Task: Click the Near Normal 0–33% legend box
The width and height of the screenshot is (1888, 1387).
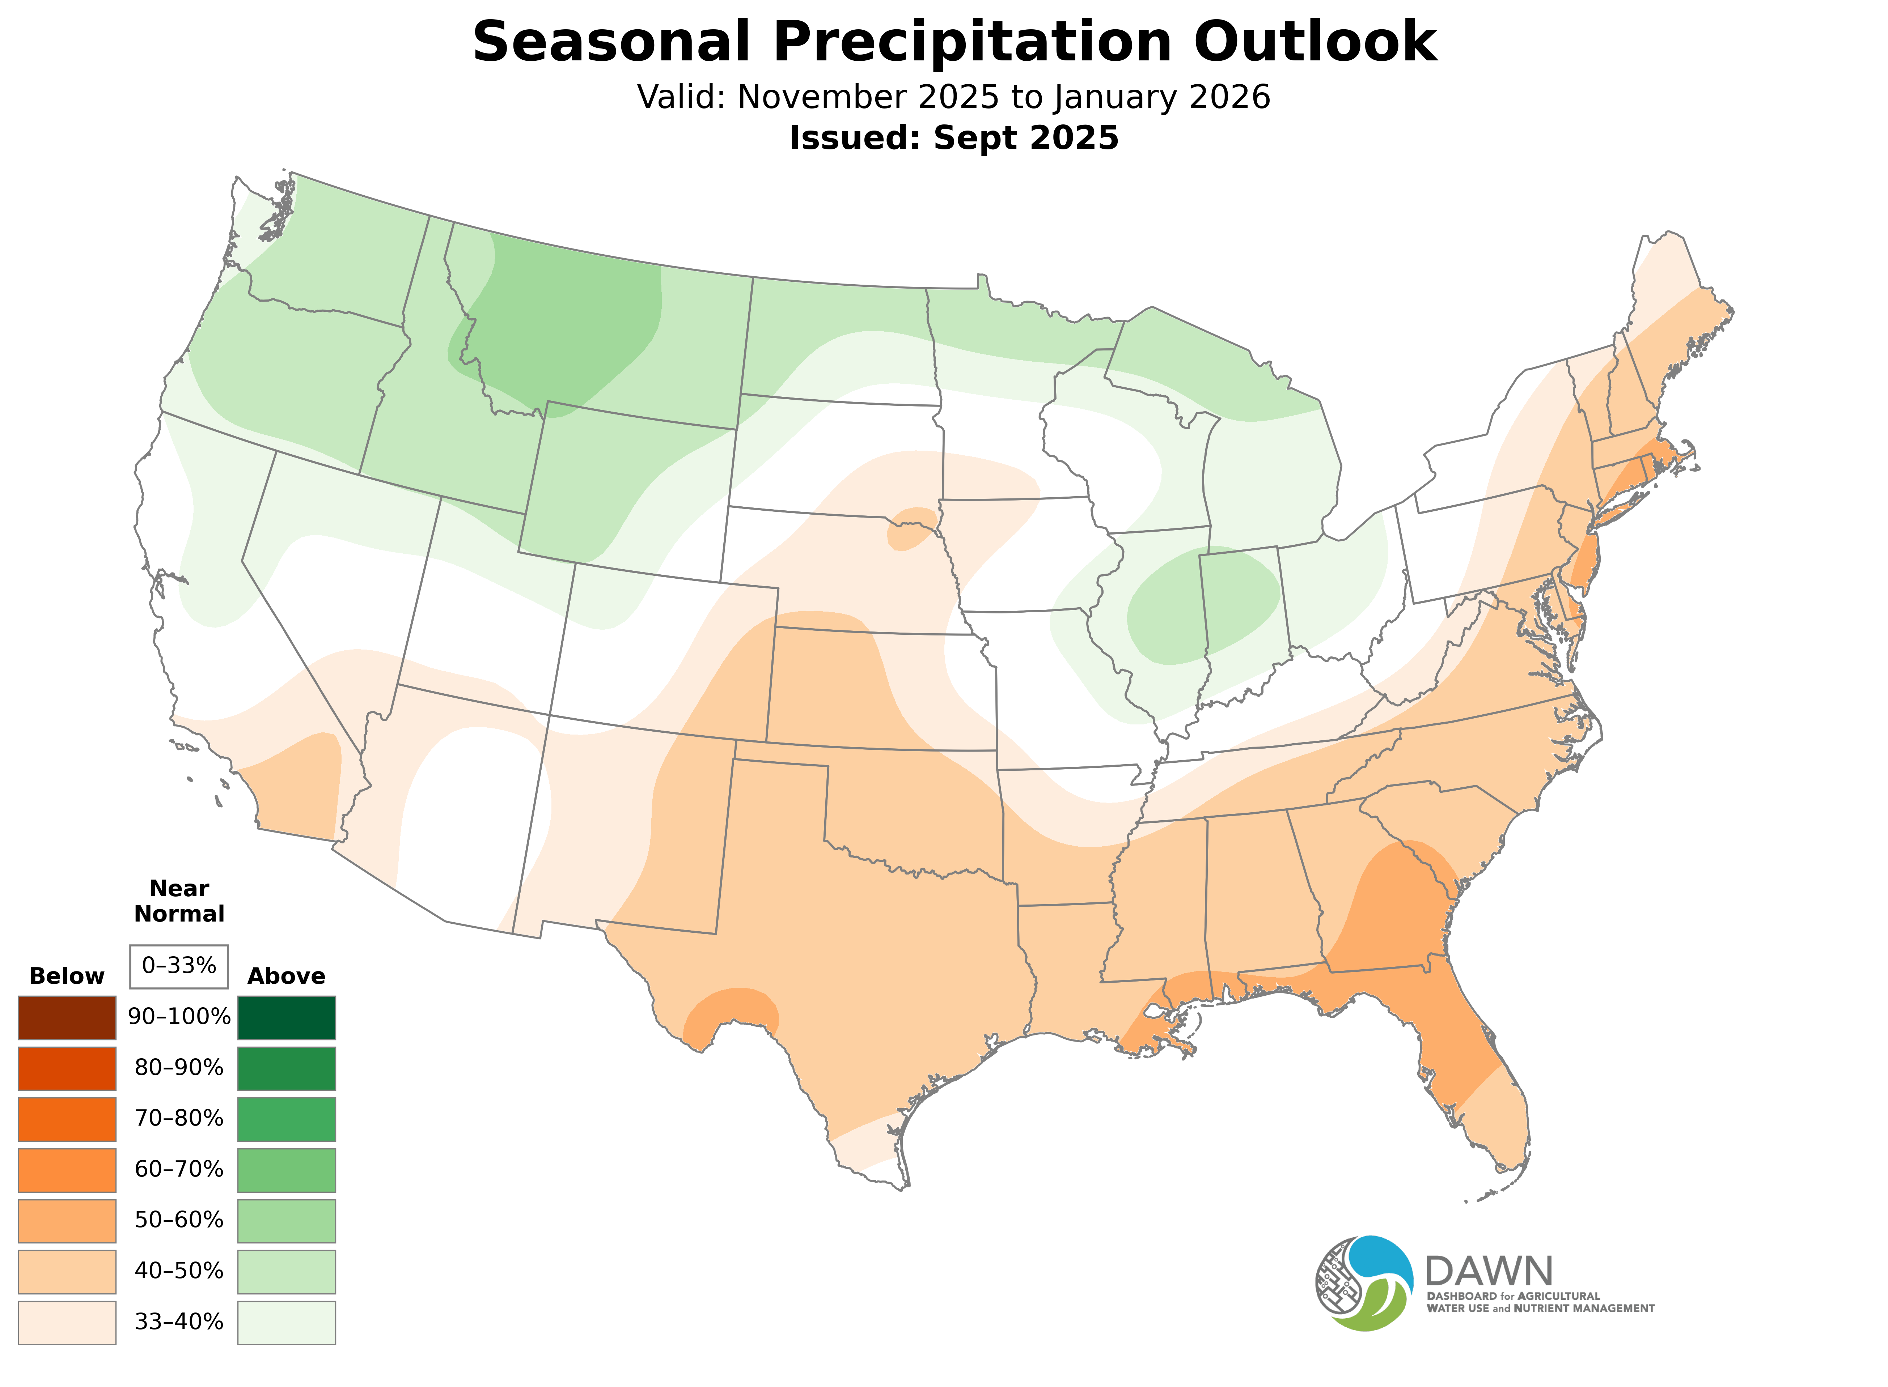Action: [179, 966]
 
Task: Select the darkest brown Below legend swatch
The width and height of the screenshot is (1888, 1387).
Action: [67, 1018]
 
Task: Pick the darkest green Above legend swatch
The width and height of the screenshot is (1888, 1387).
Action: [287, 1018]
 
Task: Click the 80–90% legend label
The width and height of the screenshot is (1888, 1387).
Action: [179, 1068]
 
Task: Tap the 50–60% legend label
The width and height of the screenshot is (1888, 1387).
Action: [179, 1220]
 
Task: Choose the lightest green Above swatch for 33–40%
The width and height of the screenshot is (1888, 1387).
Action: [287, 1322]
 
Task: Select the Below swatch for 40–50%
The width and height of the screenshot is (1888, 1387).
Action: [67, 1271]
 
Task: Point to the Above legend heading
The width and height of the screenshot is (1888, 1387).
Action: [287, 977]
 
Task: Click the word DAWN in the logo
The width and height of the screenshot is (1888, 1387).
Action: [1488, 1273]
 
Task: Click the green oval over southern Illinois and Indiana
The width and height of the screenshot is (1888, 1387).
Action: [1201, 606]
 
